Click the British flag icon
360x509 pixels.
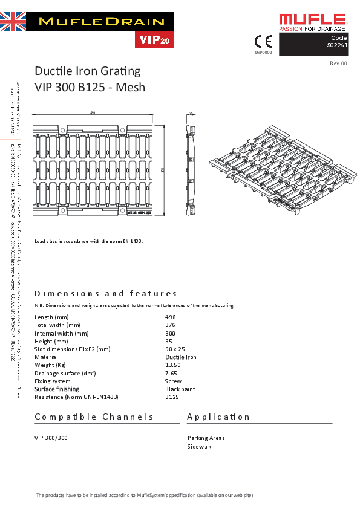pyautogui.click(x=13, y=21)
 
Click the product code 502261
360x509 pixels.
pyautogui.click(x=336, y=45)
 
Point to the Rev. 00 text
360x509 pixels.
pyautogui.click(x=338, y=63)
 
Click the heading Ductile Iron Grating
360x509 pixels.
pyautogui.click(x=87, y=71)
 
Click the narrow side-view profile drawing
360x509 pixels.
pyautogui.click(x=191, y=164)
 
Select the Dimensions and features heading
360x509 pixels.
pyautogui.click(x=106, y=294)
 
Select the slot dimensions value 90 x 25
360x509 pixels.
pyautogui.click(x=175, y=349)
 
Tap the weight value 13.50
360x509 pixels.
pyautogui.click(x=172, y=365)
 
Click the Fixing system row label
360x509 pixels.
pyautogui.click(x=53, y=381)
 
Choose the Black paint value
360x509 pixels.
pyautogui.click(x=180, y=389)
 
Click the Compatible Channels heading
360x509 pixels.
pyautogui.click(x=94, y=417)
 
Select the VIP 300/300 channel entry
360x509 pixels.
pyautogui.click(x=51, y=438)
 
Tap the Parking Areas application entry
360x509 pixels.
pyautogui.click(x=206, y=438)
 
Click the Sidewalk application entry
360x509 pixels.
pyautogui.click(x=199, y=447)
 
